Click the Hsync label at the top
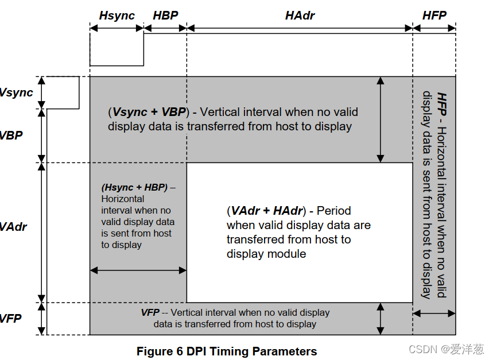click(x=117, y=16)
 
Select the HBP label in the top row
click(x=165, y=16)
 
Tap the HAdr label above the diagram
click(x=300, y=16)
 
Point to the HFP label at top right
click(x=434, y=16)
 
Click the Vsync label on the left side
click(x=16, y=92)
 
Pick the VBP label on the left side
click(x=11, y=136)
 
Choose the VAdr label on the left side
click(x=13, y=227)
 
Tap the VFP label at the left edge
click(x=11, y=318)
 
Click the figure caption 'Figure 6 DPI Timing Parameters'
click(x=227, y=351)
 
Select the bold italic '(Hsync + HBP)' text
click(x=134, y=188)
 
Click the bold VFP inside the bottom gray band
click(x=150, y=312)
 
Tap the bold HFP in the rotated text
click(x=441, y=102)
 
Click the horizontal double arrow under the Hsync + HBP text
click(x=138, y=270)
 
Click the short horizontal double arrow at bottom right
click(x=434, y=313)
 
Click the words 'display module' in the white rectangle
click(x=266, y=254)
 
